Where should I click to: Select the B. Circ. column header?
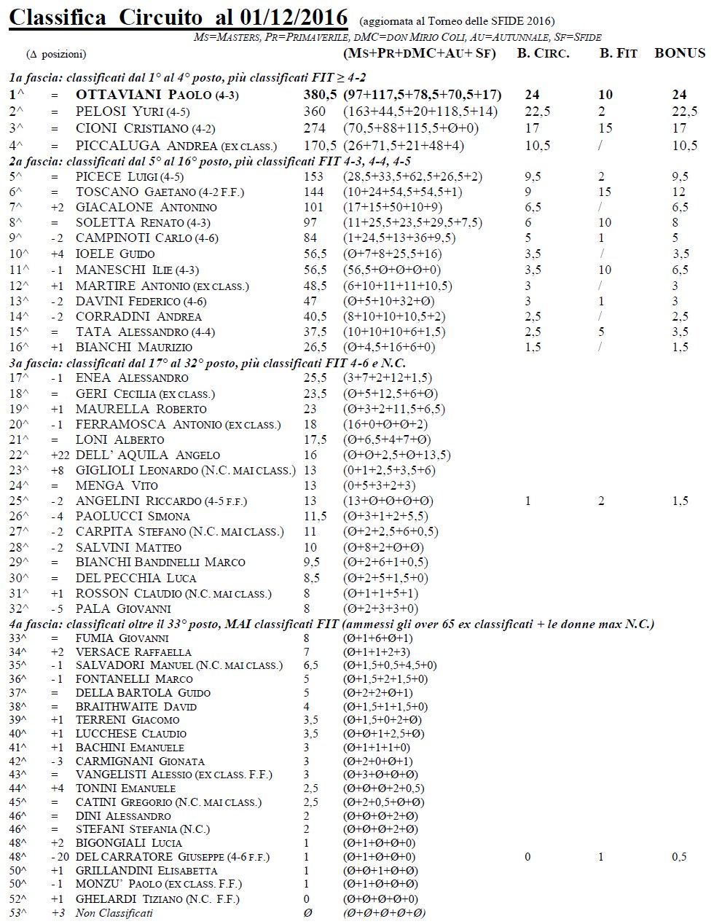(543, 53)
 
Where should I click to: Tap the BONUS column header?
(679, 53)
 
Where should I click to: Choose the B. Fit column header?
(619, 53)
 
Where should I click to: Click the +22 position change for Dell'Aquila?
(59, 455)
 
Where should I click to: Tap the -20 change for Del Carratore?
(59, 857)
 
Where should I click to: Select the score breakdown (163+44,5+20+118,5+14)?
(420, 111)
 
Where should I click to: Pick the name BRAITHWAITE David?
(136, 706)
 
